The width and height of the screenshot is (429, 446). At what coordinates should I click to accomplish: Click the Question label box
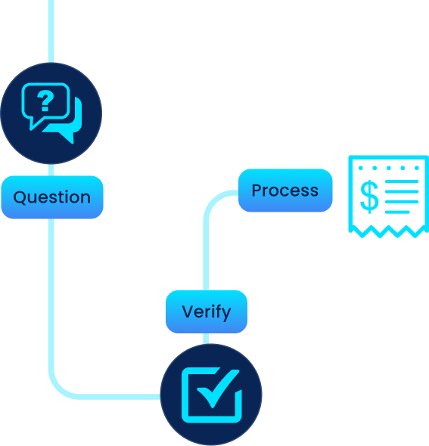[x=51, y=197]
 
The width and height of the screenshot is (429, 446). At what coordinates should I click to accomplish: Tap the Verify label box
[x=206, y=311]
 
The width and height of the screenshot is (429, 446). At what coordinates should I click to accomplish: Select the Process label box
[x=285, y=190]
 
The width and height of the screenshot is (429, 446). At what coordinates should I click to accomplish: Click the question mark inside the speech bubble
[x=46, y=101]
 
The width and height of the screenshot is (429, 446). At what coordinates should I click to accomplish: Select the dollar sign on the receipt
[x=368, y=197]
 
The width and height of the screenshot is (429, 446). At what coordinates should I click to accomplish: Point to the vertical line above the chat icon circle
[x=51, y=30]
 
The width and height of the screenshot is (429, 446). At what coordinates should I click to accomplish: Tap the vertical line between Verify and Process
[x=205, y=249]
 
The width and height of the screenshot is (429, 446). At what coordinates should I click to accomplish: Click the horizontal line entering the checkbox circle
[x=121, y=395]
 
